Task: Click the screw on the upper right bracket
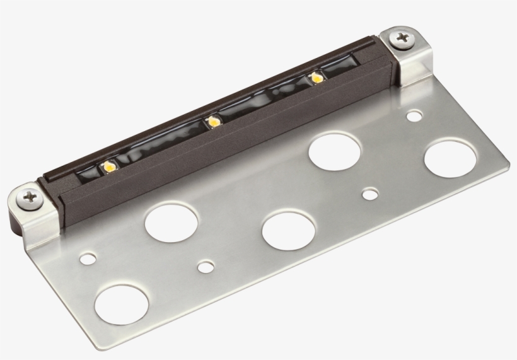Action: point(401,40)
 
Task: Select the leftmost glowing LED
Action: point(109,166)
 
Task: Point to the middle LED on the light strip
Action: point(214,121)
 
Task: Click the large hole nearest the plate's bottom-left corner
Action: point(121,305)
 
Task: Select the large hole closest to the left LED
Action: point(171,221)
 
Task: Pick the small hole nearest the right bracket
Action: point(414,116)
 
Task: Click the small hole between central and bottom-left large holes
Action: point(204,267)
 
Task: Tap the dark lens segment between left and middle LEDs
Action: point(161,144)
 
